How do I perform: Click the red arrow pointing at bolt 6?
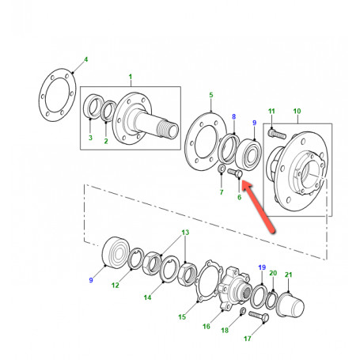click(x=259, y=207)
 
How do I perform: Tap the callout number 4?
click(x=85, y=59)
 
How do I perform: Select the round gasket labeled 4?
click(x=58, y=95)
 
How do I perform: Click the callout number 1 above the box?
click(x=131, y=77)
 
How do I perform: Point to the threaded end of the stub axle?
click(x=168, y=128)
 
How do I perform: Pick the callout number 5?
click(x=211, y=95)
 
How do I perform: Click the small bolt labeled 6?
click(x=235, y=173)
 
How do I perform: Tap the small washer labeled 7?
click(x=222, y=169)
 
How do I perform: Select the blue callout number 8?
click(x=233, y=116)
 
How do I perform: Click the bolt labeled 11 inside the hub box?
click(x=277, y=135)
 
